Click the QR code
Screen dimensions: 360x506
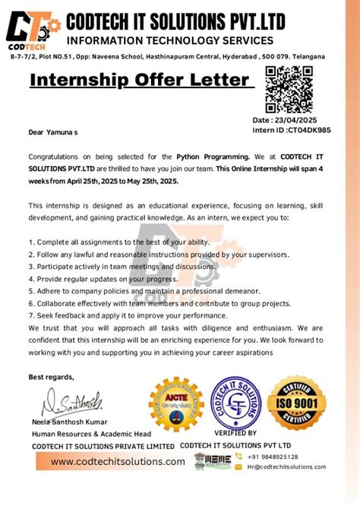pyautogui.click(x=288, y=90)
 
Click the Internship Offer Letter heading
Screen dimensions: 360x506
pyautogui.click(x=140, y=80)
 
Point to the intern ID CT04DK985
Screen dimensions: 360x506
pyautogui.click(x=302, y=130)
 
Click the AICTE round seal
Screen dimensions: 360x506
pyautogui.click(x=176, y=403)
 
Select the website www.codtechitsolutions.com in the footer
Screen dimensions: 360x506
pyautogui.click(x=118, y=461)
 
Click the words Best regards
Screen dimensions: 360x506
pyautogui.click(x=52, y=377)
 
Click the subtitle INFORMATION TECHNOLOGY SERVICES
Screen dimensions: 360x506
pyautogui.click(x=170, y=40)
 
